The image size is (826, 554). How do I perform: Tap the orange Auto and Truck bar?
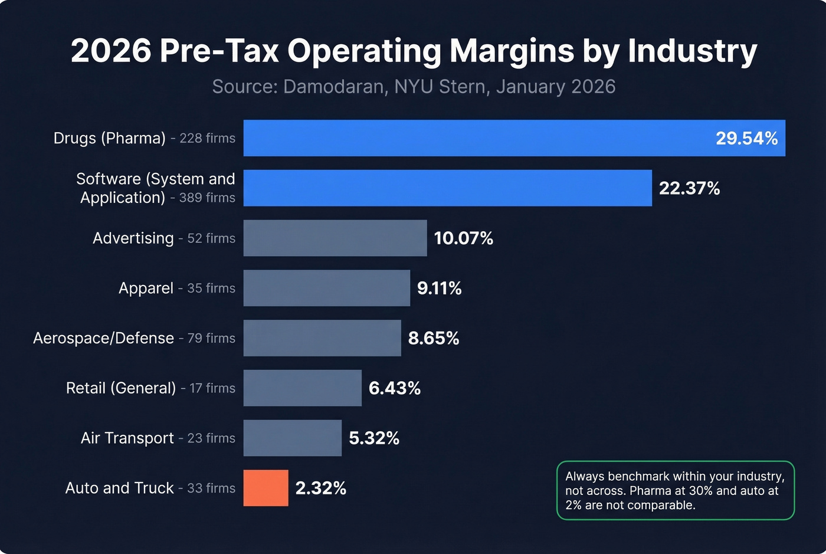tap(265, 488)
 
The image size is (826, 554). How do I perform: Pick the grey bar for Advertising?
tap(335, 238)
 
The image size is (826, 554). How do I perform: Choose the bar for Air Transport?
tap(292, 438)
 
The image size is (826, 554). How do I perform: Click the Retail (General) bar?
tap(302, 388)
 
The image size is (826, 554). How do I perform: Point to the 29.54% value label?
tap(746, 138)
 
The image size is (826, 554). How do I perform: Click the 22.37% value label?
tap(689, 188)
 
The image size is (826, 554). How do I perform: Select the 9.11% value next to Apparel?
tap(439, 288)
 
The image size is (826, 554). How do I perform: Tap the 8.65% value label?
tap(433, 338)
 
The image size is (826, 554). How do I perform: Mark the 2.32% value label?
tap(320, 488)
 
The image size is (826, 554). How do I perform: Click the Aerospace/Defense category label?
tap(103, 338)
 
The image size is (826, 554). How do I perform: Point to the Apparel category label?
tap(146, 288)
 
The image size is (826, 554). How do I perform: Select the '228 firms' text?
tap(207, 138)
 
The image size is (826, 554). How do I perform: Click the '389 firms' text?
tap(206, 198)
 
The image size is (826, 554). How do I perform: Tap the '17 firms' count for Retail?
tap(212, 388)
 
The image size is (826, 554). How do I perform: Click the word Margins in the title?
tap(512, 51)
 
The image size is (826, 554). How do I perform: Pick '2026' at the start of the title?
tap(111, 51)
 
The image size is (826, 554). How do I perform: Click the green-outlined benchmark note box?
tap(675, 490)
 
